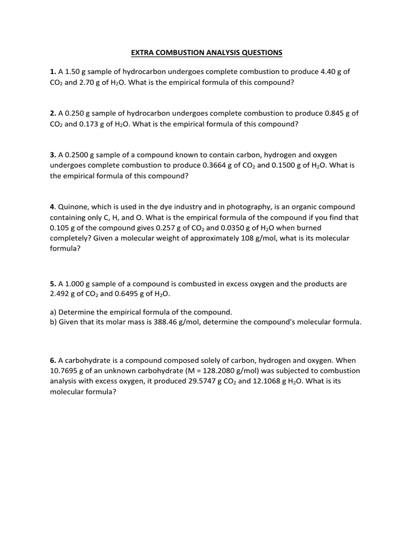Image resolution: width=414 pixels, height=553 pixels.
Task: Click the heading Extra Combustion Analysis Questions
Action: pyautogui.click(x=207, y=52)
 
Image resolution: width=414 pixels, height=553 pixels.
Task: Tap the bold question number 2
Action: pyautogui.click(x=52, y=113)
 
